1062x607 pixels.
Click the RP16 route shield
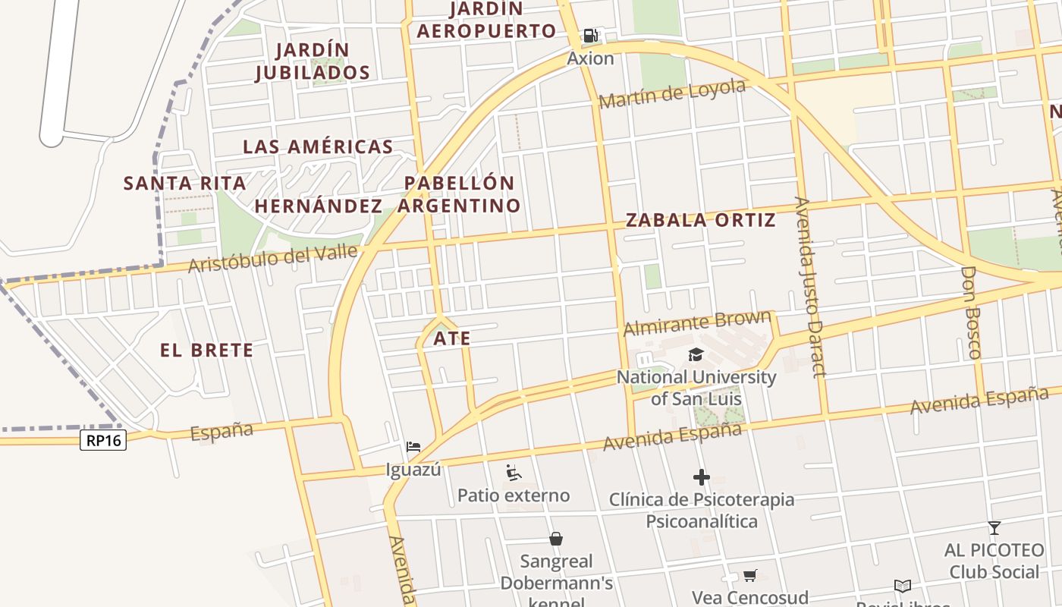click(103, 440)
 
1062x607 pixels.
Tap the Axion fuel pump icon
click(590, 35)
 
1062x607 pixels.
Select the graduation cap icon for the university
click(696, 354)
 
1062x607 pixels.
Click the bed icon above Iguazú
click(413, 447)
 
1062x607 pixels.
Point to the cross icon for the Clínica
click(702, 477)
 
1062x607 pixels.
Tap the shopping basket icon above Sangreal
click(556, 539)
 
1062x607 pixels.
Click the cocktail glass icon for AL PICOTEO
click(994, 527)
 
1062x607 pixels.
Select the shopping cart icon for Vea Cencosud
click(749, 576)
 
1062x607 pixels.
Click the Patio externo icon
click(514, 473)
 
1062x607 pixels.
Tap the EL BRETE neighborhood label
click(206, 351)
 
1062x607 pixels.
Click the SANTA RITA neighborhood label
click(185, 183)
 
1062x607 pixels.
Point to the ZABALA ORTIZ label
click(700, 221)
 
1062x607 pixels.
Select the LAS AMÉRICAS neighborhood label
click(318, 147)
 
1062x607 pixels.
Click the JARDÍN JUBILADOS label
click(313, 61)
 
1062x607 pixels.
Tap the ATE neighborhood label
click(452, 338)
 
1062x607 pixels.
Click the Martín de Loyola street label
click(672, 94)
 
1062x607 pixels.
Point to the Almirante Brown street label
click(697, 323)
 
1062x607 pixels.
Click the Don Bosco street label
click(971, 312)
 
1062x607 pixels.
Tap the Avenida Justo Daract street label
click(809, 287)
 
